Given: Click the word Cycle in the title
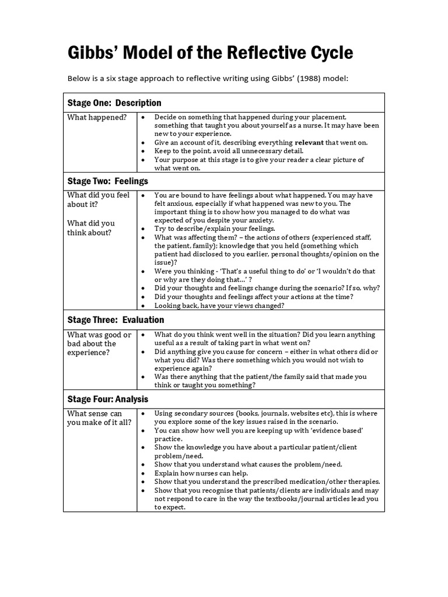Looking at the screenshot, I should [325, 53].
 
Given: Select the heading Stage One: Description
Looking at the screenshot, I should [114, 103].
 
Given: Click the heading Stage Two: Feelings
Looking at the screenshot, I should [107, 181].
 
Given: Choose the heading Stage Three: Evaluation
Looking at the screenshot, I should [116, 320].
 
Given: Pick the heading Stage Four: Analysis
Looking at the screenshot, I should [107, 399].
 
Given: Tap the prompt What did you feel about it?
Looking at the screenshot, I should [98, 199].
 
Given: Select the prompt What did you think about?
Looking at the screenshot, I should [91, 228].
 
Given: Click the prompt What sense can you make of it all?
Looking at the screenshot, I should [98, 418].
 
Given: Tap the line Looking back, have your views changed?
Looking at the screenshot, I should [219, 305].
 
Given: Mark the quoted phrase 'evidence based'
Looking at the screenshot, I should [334, 430].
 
